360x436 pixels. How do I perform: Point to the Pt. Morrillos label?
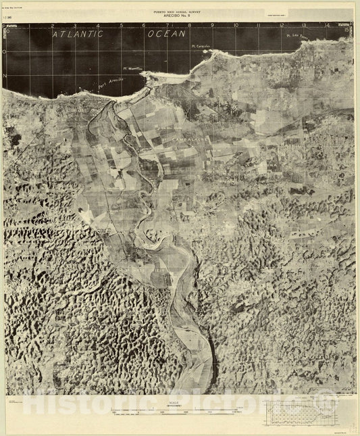134,68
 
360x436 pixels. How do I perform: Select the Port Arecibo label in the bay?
111,84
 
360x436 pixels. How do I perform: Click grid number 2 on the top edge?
53,26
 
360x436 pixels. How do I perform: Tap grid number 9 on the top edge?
213,26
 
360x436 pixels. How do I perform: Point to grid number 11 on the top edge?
259,26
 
